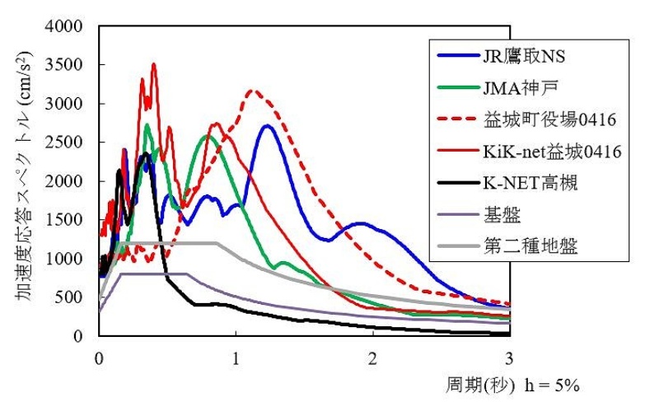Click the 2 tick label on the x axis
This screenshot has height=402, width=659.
(372, 358)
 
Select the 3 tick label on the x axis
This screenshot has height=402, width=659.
(509, 358)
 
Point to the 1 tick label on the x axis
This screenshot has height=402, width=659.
(236, 358)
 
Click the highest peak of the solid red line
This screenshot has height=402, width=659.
(153, 64)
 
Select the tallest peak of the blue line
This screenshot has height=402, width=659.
(266, 126)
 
